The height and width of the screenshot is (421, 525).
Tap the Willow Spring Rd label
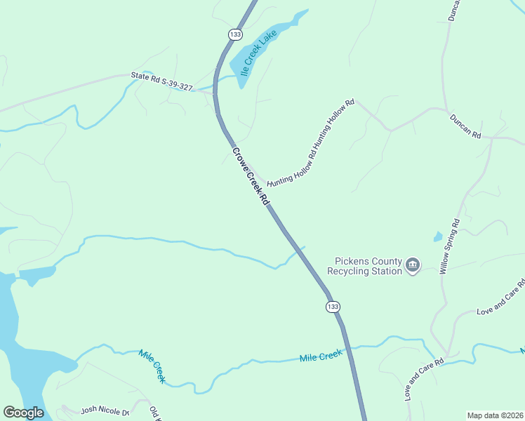point(448,246)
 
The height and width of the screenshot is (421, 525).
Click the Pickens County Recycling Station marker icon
point(413,265)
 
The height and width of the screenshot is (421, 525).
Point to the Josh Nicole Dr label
point(105,410)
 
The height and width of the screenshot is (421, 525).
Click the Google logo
point(23,413)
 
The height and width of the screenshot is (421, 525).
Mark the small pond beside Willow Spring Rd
point(438,236)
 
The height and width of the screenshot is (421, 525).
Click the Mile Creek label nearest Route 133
point(321,356)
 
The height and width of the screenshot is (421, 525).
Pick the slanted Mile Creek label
point(152,366)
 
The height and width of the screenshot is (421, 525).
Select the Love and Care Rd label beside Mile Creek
point(425,380)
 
